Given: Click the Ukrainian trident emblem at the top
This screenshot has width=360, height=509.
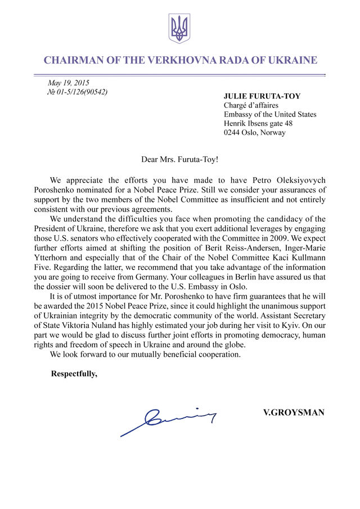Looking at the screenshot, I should tap(179, 29).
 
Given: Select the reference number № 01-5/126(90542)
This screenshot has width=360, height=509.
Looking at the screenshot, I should tap(77, 92).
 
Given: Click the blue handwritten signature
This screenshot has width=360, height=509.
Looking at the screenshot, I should tap(169, 420).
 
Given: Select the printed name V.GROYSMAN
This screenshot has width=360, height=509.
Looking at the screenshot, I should tap(294, 412).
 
